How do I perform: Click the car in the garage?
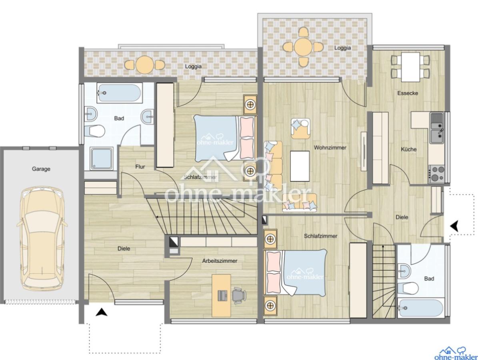pyautogui.click(x=42, y=238)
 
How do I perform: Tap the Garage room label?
pyautogui.click(x=41, y=169)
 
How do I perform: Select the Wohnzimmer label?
pyautogui.click(x=330, y=148)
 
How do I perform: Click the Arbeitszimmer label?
pyautogui.click(x=220, y=261)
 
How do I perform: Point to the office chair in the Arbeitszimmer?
pyautogui.click(x=239, y=295)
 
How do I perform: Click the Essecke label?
pyautogui.click(x=408, y=93)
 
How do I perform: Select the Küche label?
pyautogui.click(x=408, y=149)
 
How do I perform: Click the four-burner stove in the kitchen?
pyautogui.click(x=436, y=174)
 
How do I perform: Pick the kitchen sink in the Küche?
pyautogui.click(x=436, y=128)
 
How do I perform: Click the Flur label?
pyautogui.click(x=140, y=167)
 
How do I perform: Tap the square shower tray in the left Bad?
pyautogui.click(x=102, y=159)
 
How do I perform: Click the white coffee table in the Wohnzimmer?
pyautogui.click(x=300, y=166)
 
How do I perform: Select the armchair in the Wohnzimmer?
pyautogui.click(x=300, y=128)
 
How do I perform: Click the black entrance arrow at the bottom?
pyautogui.click(x=102, y=312)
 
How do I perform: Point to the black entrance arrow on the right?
pyautogui.click(x=454, y=226)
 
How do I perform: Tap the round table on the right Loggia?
pyautogui.click(x=303, y=47)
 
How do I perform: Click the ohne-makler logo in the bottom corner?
pyautogui.click(x=456, y=354)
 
